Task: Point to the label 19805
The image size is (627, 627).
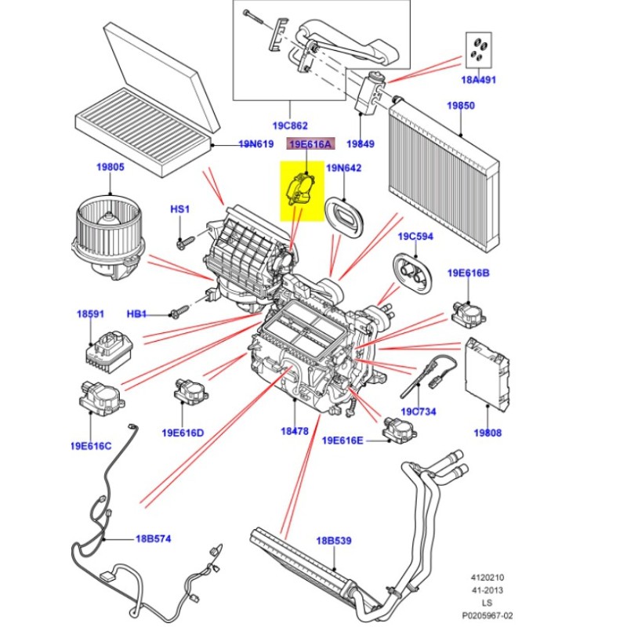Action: coord(111,167)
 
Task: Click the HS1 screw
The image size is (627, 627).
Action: coord(181,242)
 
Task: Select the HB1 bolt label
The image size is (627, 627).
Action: coord(137,314)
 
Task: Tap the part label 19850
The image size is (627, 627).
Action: coord(461,105)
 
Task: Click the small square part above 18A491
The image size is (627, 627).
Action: coord(477,48)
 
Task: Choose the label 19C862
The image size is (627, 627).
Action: coord(291,125)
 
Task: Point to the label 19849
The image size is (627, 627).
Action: coord(361,144)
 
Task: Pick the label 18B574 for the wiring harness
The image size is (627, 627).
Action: coord(154,538)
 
